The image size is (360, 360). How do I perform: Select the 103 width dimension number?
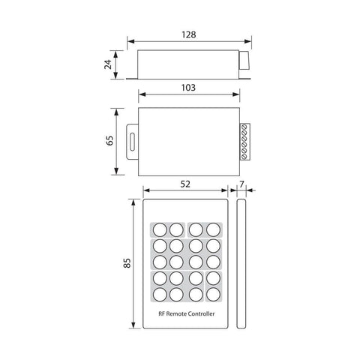click(x=188, y=87)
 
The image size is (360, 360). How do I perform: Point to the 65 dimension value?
click(x=106, y=141)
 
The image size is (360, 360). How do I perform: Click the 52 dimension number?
click(x=184, y=184)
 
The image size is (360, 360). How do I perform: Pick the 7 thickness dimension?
click(x=243, y=184)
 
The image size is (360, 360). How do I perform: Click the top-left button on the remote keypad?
click(x=160, y=229)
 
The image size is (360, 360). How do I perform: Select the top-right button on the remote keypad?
click(x=213, y=229)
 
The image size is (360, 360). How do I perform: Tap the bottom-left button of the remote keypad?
click(x=160, y=295)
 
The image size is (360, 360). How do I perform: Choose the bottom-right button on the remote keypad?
click(x=213, y=295)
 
